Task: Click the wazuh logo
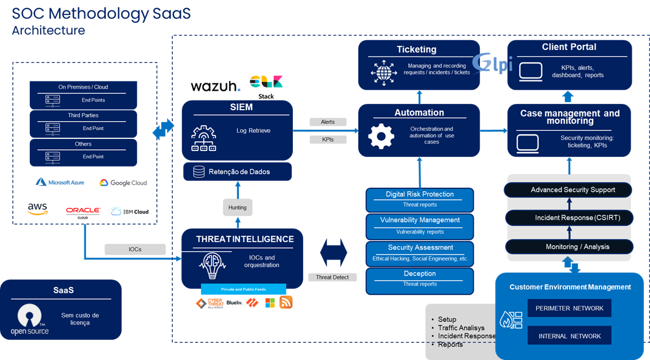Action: pyautogui.click(x=215, y=86)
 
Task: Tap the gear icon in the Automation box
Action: pyautogui.click(x=381, y=136)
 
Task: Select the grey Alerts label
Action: pyautogui.click(x=328, y=122)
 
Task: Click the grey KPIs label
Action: pyautogui.click(x=328, y=140)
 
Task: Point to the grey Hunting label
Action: pyautogui.click(x=237, y=207)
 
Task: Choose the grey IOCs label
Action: pyautogui.click(x=135, y=249)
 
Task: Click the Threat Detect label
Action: pyautogui.click(x=332, y=277)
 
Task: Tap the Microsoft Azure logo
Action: pyautogui.click(x=60, y=182)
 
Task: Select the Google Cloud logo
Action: pyautogui.click(x=123, y=183)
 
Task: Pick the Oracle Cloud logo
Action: pyautogui.click(x=83, y=212)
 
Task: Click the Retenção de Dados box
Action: pyautogui.click(x=237, y=172)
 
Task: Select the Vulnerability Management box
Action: pyautogui.click(x=420, y=224)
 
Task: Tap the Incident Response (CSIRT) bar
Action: pyautogui.click(x=569, y=218)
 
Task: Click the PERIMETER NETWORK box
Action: pyautogui.click(x=569, y=308)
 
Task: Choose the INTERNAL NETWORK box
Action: pyautogui.click(x=569, y=336)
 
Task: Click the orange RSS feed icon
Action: pyautogui.click(x=286, y=302)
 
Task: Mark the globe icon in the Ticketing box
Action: pyautogui.click(x=384, y=72)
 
